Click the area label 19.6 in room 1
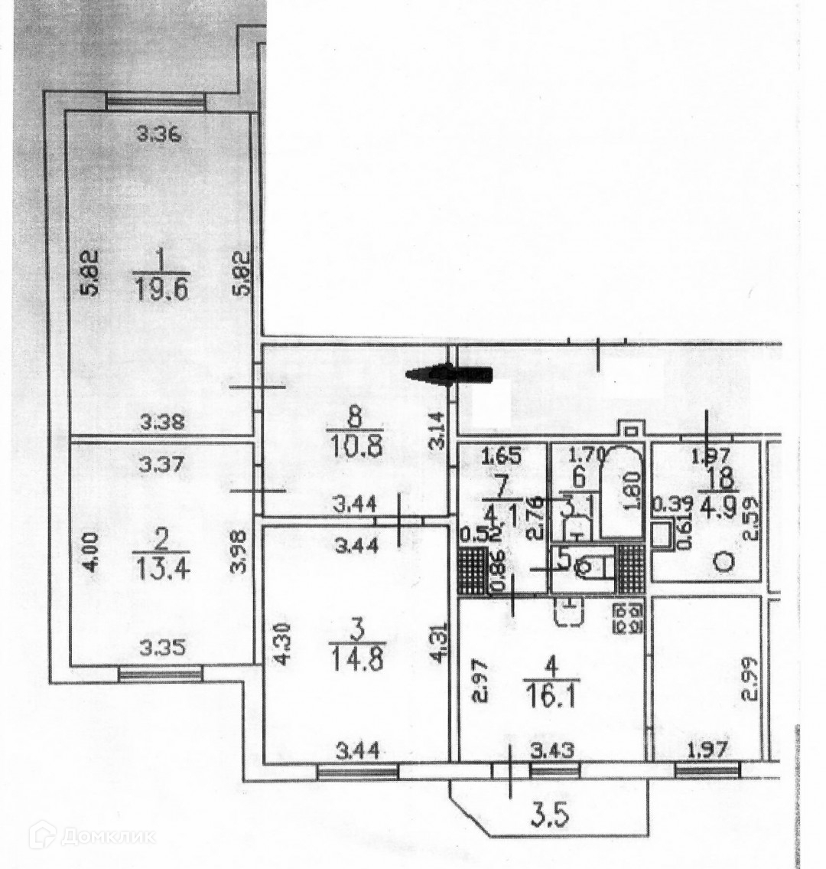point(160,291)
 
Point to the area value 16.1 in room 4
point(552,693)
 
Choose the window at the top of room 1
point(155,100)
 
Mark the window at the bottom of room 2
point(160,674)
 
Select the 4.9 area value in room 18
point(723,508)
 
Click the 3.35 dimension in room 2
point(160,647)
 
